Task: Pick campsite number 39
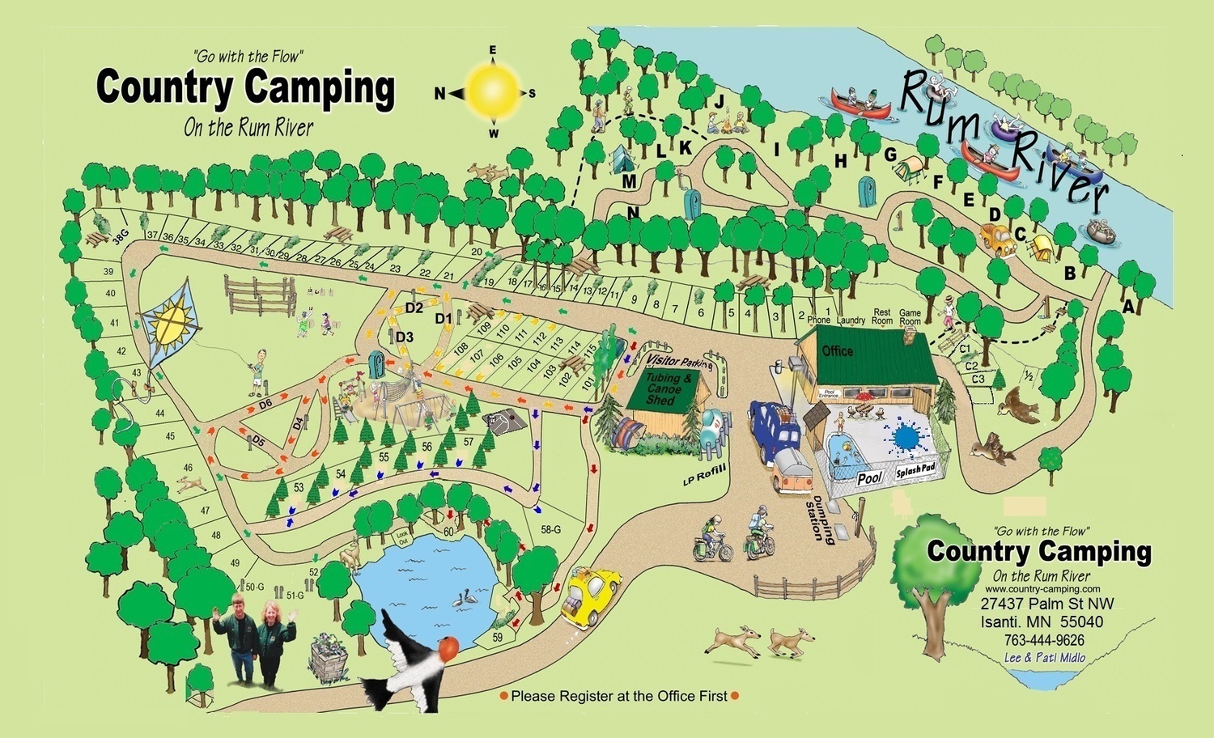pos(108,272)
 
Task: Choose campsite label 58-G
pos(550,530)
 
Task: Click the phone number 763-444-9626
pos(1044,639)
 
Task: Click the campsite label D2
pos(414,307)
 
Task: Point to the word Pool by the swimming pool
pos(869,477)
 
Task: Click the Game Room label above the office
pos(910,317)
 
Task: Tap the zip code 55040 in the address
pos(1077,622)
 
